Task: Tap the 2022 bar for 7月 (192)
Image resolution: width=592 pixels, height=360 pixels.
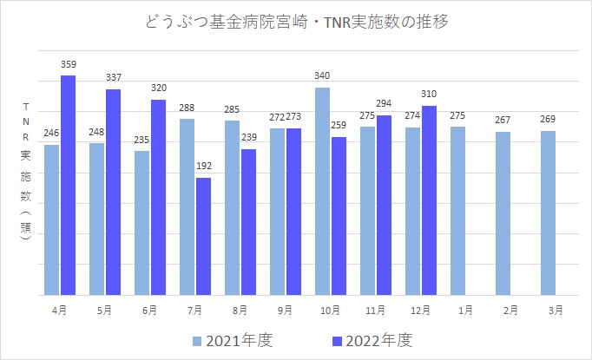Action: pos(203,236)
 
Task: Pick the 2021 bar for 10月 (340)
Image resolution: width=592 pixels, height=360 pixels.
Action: pos(322,191)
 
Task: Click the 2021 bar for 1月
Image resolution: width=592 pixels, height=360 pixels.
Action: pos(457,211)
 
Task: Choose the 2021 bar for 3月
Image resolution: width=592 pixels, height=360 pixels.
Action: pos(548,213)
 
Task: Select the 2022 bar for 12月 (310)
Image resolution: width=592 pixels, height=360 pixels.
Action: pos(429,200)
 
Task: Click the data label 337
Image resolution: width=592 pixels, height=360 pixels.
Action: pos(113,77)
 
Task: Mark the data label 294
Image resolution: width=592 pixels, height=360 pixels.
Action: pos(384,103)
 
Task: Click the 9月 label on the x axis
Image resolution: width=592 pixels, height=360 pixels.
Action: pos(286,310)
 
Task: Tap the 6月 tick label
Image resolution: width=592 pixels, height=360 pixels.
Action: pos(150,310)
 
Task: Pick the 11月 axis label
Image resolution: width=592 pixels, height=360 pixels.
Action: pos(376,310)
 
